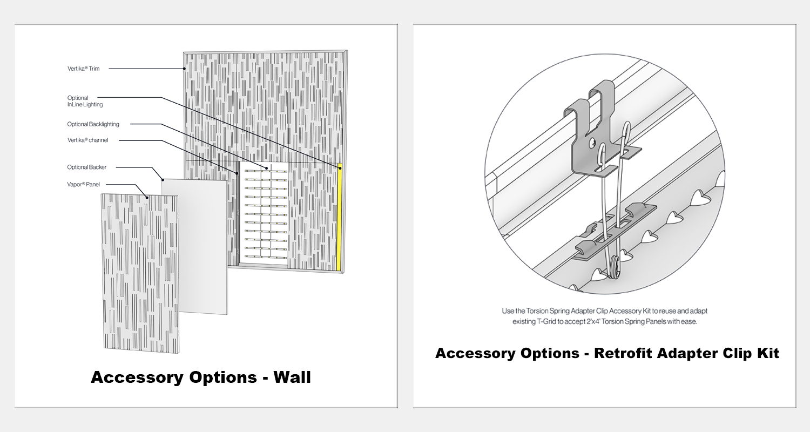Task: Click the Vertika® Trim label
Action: coord(84,69)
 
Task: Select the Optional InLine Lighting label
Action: coord(85,101)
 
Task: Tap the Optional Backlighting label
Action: coord(93,124)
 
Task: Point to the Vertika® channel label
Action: coord(87,140)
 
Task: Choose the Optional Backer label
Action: coord(87,167)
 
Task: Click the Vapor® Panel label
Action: coord(83,184)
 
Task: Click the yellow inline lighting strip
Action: coord(339,218)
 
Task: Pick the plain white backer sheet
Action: coord(195,247)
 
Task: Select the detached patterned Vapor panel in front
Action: coord(140,273)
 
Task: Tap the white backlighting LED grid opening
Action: coord(264,214)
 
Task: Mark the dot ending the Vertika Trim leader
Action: coord(185,69)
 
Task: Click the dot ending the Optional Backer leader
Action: coord(163,180)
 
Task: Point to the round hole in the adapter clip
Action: coord(592,143)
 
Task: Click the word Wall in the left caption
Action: coord(292,377)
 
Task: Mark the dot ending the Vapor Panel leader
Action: coord(147,198)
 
